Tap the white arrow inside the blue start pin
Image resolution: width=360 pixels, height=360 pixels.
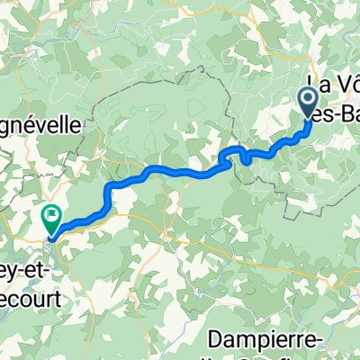click(307, 97)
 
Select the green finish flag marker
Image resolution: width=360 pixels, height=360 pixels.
click(50, 217)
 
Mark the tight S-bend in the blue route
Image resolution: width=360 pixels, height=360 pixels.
click(240, 155)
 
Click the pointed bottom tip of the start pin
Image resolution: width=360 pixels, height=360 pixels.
click(307, 118)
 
